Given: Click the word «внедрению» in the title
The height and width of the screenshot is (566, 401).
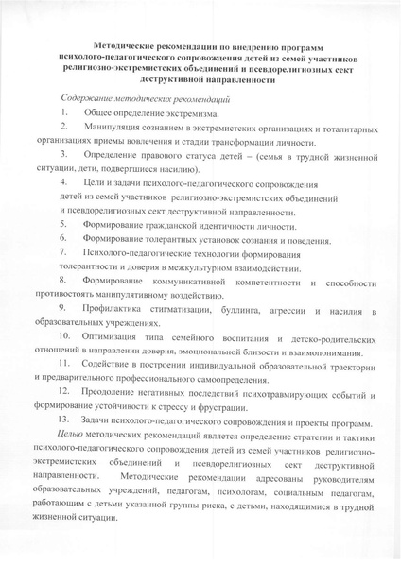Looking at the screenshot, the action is pyautogui.click(x=268, y=45).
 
